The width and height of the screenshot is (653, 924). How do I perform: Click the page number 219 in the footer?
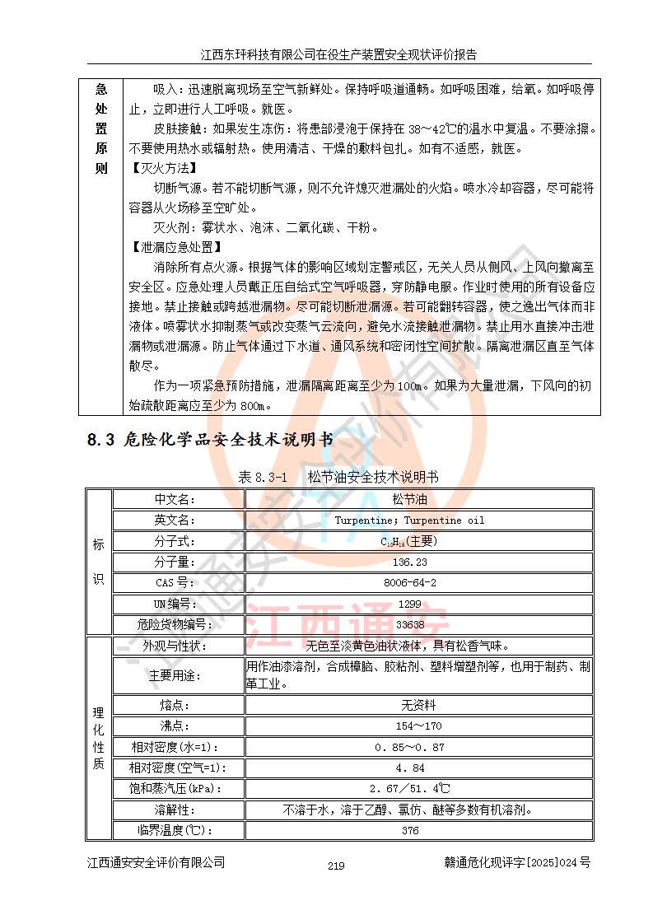(x=335, y=866)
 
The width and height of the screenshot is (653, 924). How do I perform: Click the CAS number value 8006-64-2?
(x=410, y=583)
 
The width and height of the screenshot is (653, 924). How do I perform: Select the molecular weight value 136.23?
(x=410, y=562)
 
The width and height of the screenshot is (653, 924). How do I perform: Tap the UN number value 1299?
(x=410, y=604)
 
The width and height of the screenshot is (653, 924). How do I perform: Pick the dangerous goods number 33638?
(x=410, y=625)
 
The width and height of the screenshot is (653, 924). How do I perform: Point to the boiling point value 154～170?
(x=410, y=726)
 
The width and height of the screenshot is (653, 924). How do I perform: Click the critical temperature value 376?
(x=410, y=830)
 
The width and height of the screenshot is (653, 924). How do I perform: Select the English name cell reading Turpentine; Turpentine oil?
(x=410, y=520)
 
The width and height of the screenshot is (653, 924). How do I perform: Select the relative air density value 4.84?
(x=410, y=768)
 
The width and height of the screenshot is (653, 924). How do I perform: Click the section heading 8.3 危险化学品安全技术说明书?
(x=210, y=441)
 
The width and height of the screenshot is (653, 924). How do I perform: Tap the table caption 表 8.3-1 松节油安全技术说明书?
(x=338, y=477)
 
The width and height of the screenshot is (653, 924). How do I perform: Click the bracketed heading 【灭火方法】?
(x=159, y=167)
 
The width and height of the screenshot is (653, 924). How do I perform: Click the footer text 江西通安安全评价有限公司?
(x=156, y=862)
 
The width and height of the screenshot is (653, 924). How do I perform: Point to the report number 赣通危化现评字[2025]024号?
(x=516, y=862)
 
